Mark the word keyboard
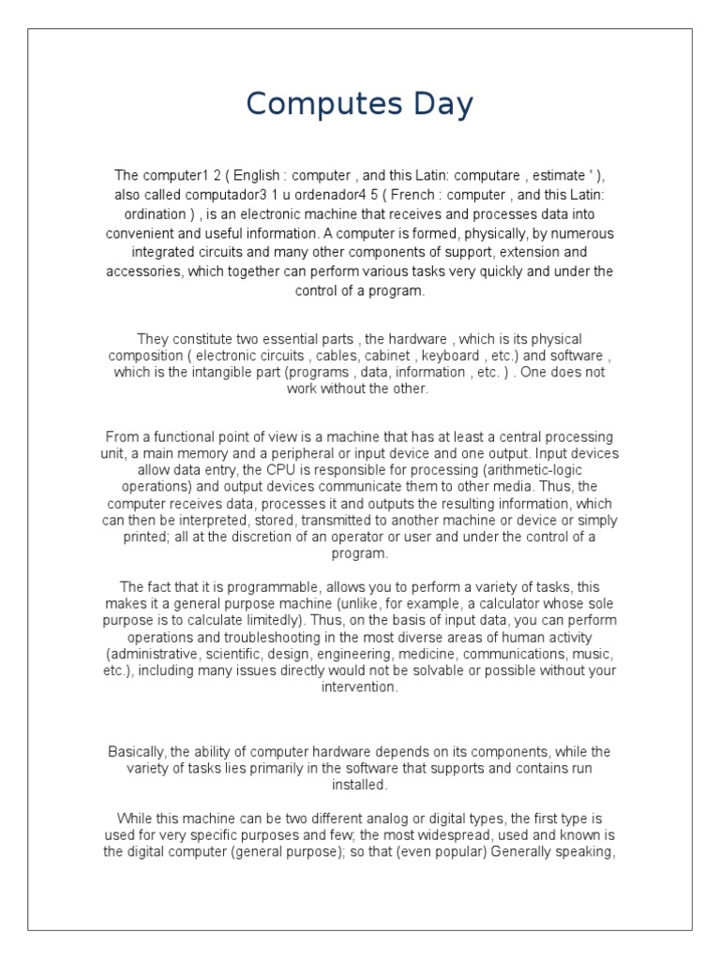click(x=449, y=355)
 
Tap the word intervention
click(x=359, y=687)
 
